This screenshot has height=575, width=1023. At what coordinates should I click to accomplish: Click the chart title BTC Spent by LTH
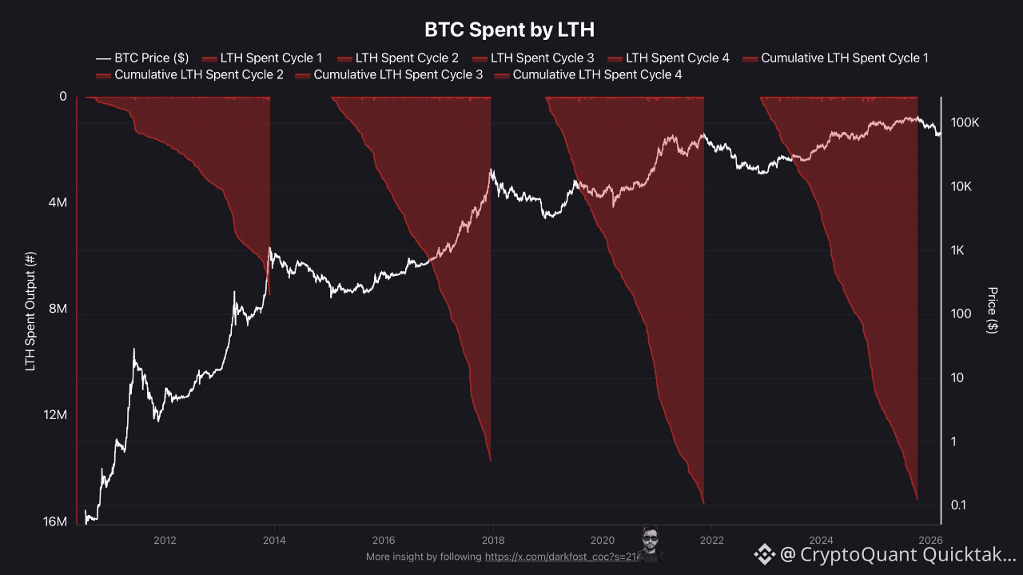point(509,30)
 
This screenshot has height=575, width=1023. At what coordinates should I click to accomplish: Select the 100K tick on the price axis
point(965,123)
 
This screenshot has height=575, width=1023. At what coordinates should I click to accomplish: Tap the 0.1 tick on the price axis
point(959,505)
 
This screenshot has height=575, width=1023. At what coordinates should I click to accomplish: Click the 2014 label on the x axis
point(274,540)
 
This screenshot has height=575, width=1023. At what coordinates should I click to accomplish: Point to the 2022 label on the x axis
point(711,540)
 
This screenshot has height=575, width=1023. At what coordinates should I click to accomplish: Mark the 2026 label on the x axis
point(929,540)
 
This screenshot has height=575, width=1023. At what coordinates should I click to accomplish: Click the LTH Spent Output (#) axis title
point(31,309)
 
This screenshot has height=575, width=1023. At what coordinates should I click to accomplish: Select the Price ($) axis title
point(993,309)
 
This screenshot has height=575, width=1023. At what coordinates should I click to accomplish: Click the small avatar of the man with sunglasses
point(651,544)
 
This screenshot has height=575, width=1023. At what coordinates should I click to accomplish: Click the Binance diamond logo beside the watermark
point(765,553)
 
